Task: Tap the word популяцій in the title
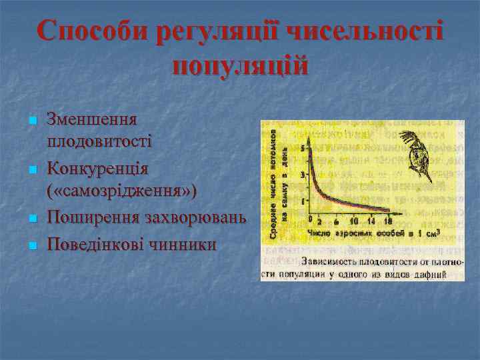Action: (240, 66)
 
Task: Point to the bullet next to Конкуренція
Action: (31, 169)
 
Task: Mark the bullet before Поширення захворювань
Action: (31, 219)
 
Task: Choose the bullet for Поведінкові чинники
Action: (31, 245)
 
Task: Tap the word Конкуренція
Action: (97, 167)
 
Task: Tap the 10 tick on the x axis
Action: (353, 221)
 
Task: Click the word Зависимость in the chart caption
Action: (332, 261)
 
